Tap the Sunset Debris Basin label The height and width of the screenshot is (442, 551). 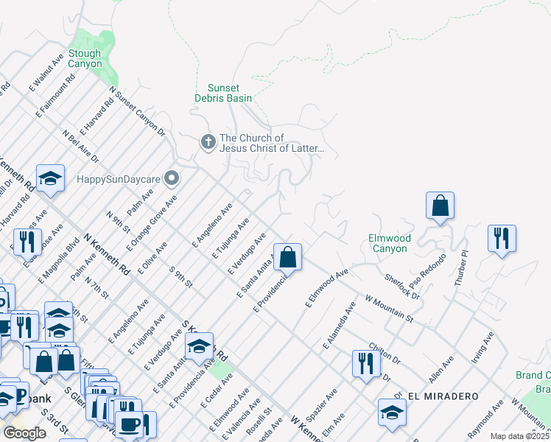coord(229,93)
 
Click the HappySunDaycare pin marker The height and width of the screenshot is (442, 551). coord(172,178)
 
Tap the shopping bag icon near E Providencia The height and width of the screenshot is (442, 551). coord(288,258)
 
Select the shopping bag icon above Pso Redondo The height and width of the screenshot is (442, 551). coord(440,206)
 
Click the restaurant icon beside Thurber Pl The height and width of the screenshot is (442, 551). coord(502,239)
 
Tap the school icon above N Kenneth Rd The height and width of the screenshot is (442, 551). coord(50,179)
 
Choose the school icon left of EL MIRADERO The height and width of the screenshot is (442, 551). coord(391,413)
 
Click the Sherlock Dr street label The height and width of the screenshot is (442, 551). coord(402,287)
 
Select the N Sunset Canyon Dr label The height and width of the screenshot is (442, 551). coord(138,112)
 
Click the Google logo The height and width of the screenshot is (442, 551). coord(24,433)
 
